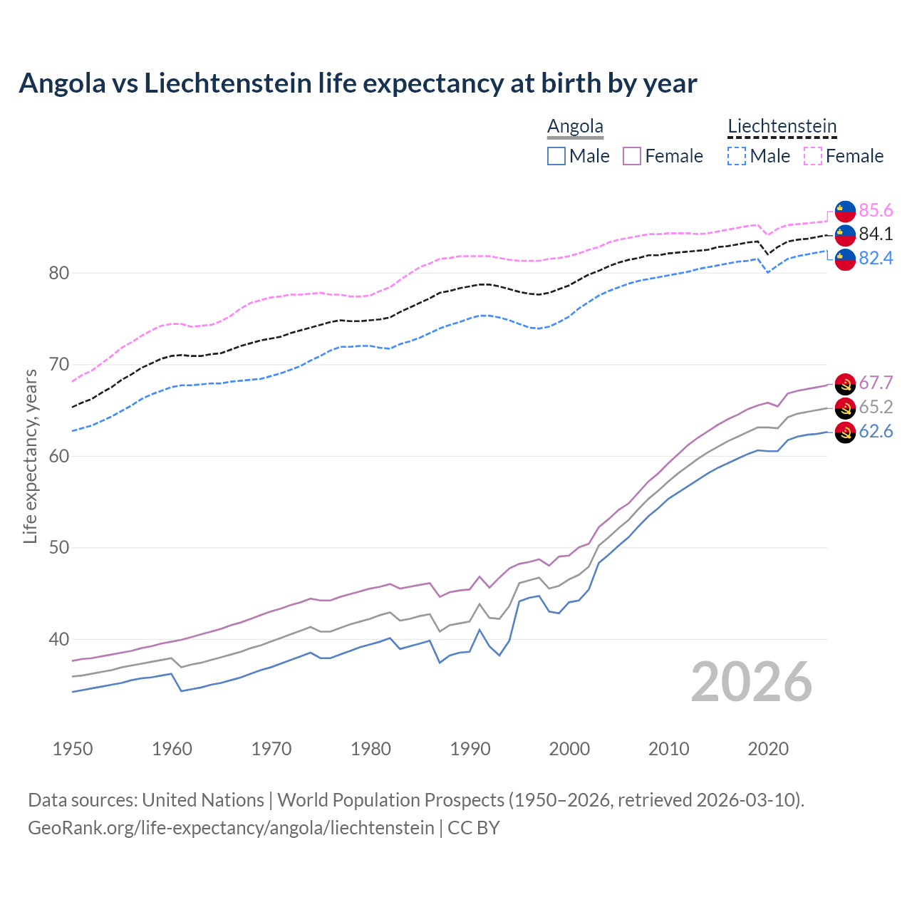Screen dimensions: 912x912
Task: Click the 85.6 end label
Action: pos(876,210)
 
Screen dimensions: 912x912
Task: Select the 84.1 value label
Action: pos(876,234)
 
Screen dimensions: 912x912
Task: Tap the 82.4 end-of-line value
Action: pos(876,258)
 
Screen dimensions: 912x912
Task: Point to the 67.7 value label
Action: pos(876,383)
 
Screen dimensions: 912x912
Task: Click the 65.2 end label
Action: pos(876,407)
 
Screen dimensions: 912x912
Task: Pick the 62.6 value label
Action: pos(876,431)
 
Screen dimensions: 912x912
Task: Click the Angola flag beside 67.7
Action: pos(845,383)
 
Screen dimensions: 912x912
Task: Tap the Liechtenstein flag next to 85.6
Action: pos(845,211)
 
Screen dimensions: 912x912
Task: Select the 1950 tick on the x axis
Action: pos(73,749)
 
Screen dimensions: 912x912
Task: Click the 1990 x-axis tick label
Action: pos(470,749)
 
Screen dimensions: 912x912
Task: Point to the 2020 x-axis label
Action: pos(768,749)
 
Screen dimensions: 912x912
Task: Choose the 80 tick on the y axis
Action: pos(59,273)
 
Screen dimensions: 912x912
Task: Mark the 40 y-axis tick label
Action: pos(59,639)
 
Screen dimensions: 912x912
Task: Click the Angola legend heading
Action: pos(575,126)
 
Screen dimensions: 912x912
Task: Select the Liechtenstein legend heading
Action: pos(782,126)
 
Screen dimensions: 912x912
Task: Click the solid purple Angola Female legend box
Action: pos(632,156)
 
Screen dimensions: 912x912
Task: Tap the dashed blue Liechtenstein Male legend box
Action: pos(737,156)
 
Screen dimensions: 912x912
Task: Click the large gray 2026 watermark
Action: pos(752,682)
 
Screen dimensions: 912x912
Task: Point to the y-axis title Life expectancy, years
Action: pos(30,456)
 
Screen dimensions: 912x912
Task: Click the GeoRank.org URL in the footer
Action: pos(231,827)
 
